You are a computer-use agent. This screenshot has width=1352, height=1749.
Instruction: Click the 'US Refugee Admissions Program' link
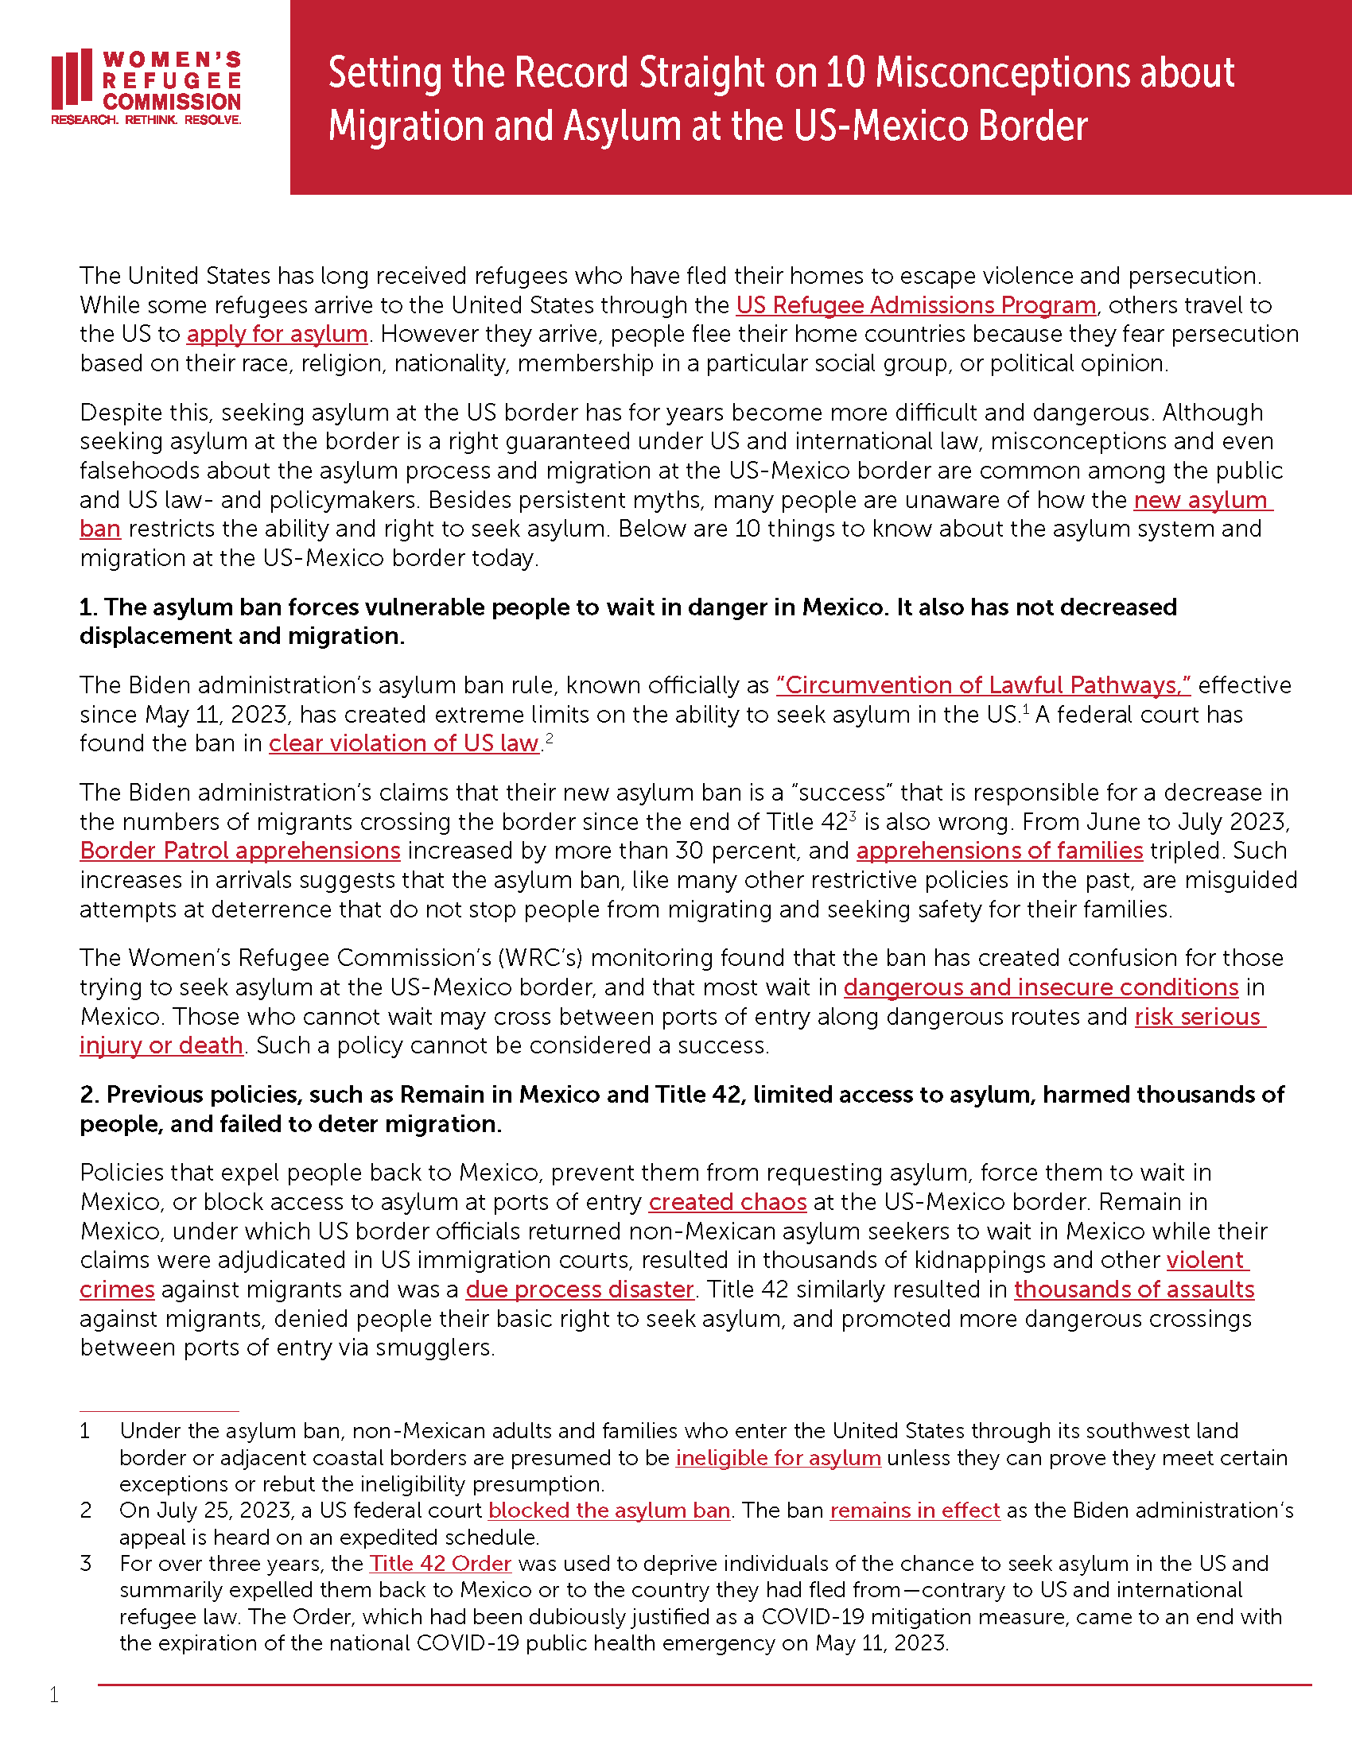click(915, 305)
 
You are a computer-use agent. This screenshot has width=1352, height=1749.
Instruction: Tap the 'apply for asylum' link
click(277, 334)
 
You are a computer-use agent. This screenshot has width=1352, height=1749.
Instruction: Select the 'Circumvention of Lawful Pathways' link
click(983, 685)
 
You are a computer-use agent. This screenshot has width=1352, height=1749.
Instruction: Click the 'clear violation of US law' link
click(404, 744)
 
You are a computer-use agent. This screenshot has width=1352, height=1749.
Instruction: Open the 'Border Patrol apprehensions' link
click(239, 851)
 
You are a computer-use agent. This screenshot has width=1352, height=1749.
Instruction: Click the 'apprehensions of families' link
click(1000, 851)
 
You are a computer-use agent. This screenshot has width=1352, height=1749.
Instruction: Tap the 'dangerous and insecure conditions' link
click(1040, 987)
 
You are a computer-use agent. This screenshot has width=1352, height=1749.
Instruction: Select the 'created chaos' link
click(727, 1202)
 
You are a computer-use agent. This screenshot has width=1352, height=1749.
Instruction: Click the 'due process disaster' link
click(579, 1289)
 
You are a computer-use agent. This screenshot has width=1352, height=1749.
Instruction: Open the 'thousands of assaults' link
click(1133, 1289)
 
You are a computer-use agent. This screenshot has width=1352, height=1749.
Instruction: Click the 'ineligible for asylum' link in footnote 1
click(778, 1457)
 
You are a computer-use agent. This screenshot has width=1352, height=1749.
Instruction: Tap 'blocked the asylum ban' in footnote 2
click(608, 1510)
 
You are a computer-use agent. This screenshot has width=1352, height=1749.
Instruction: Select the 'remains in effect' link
click(915, 1510)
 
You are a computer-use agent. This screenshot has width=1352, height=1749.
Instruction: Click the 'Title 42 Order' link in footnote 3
click(440, 1563)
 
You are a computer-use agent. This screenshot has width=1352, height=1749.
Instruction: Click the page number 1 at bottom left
click(53, 1695)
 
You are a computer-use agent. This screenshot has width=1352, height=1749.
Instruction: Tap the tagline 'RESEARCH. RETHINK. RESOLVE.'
click(146, 120)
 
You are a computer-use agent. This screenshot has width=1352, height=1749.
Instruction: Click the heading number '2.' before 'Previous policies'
click(89, 1095)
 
